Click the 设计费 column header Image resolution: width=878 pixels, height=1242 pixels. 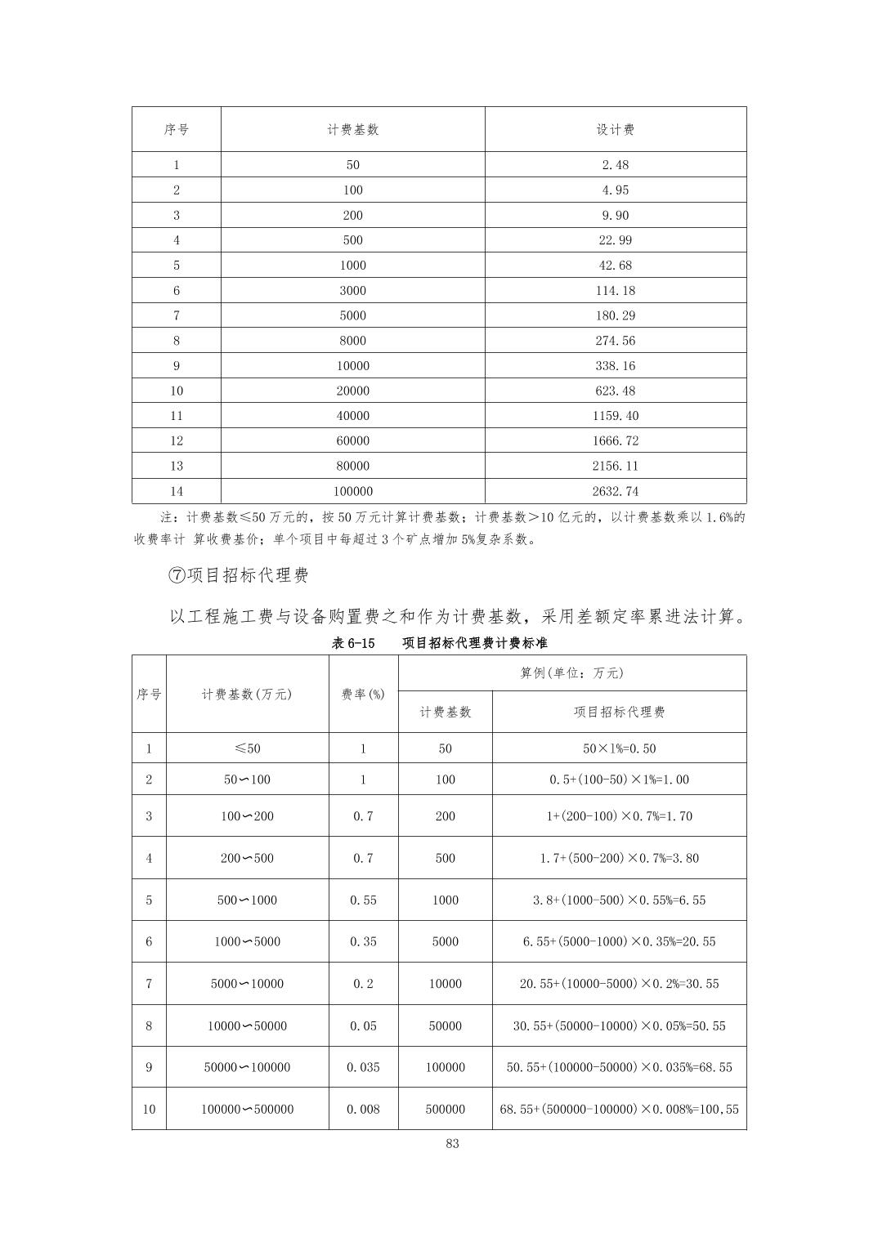coord(615,130)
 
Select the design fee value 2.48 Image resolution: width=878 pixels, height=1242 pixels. coord(615,165)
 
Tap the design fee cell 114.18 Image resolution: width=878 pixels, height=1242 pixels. coord(615,291)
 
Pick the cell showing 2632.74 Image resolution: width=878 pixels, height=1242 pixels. coord(615,492)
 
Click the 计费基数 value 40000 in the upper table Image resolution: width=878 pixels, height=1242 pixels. coord(352,416)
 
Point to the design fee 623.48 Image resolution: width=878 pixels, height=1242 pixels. coord(615,391)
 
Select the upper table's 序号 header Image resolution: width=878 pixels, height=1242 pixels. coord(176,130)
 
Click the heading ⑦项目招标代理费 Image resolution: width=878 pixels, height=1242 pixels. coord(239,575)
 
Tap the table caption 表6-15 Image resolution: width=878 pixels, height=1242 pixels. coord(353,643)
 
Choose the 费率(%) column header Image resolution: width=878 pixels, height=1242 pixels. coord(363,695)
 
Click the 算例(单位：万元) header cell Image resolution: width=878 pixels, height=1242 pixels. coord(571,673)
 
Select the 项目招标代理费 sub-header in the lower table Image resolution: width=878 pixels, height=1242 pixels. coord(619,713)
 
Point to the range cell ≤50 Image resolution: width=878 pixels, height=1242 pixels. coord(247,748)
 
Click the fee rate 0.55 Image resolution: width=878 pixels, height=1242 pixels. coord(363,900)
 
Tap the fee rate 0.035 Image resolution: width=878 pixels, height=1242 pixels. coord(363,1067)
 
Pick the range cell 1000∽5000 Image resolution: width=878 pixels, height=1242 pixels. coord(247,942)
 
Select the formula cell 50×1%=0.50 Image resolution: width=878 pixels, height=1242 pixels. coord(619,748)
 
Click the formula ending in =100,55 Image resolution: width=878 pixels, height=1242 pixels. coord(619,1110)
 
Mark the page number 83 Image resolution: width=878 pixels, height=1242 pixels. coord(453,1144)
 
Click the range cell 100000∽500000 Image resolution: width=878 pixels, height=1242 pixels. coord(247,1110)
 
